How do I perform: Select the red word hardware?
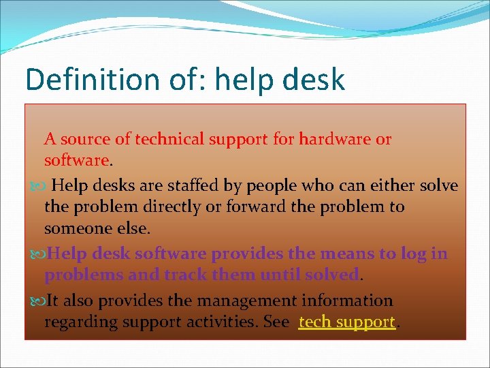click(x=336, y=140)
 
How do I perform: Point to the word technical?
click(x=169, y=140)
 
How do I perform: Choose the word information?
click(x=347, y=301)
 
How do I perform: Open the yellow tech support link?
click(x=347, y=322)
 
